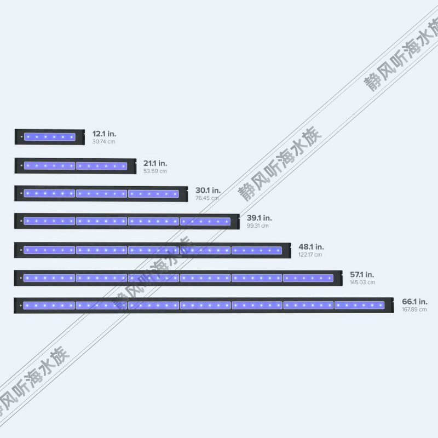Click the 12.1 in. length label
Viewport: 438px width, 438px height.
pyautogui.click(x=104, y=134)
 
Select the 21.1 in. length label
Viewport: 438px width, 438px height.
pyautogui.click(x=155, y=163)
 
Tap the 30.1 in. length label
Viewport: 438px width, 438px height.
pyautogui.click(x=208, y=190)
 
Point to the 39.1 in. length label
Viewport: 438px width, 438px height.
pyautogui.click(x=259, y=217)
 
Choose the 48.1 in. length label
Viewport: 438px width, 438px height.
pyautogui.click(x=311, y=246)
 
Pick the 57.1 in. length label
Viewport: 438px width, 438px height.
pyautogui.click(x=362, y=274)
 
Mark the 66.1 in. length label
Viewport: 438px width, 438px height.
pyautogui.click(x=414, y=301)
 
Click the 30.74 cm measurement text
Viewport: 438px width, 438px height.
pyautogui.click(x=104, y=142)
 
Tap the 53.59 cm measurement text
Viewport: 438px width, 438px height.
pyautogui.click(x=155, y=171)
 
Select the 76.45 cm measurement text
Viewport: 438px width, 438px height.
pyautogui.click(x=207, y=198)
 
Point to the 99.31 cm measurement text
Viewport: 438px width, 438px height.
pyautogui.click(x=258, y=226)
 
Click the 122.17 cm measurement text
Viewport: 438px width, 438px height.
pyautogui.click(x=310, y=255)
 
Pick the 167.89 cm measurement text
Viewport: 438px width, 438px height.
pyautogui.click(x=414, y=310)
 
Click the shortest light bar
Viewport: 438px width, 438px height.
pyautogui.click(x=49, y=137)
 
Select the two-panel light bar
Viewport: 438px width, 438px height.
pyautogui.click(x=75, y=165)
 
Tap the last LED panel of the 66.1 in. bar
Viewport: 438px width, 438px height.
pyautogui.click(x=360, y=305)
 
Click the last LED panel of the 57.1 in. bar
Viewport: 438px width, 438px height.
pyautogui.click(x=308, y=278)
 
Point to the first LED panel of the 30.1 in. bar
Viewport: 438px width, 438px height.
pyautogui.click(x=49, y=193)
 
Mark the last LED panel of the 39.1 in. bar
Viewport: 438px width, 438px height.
pyautogui.click(x=205, y=221)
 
